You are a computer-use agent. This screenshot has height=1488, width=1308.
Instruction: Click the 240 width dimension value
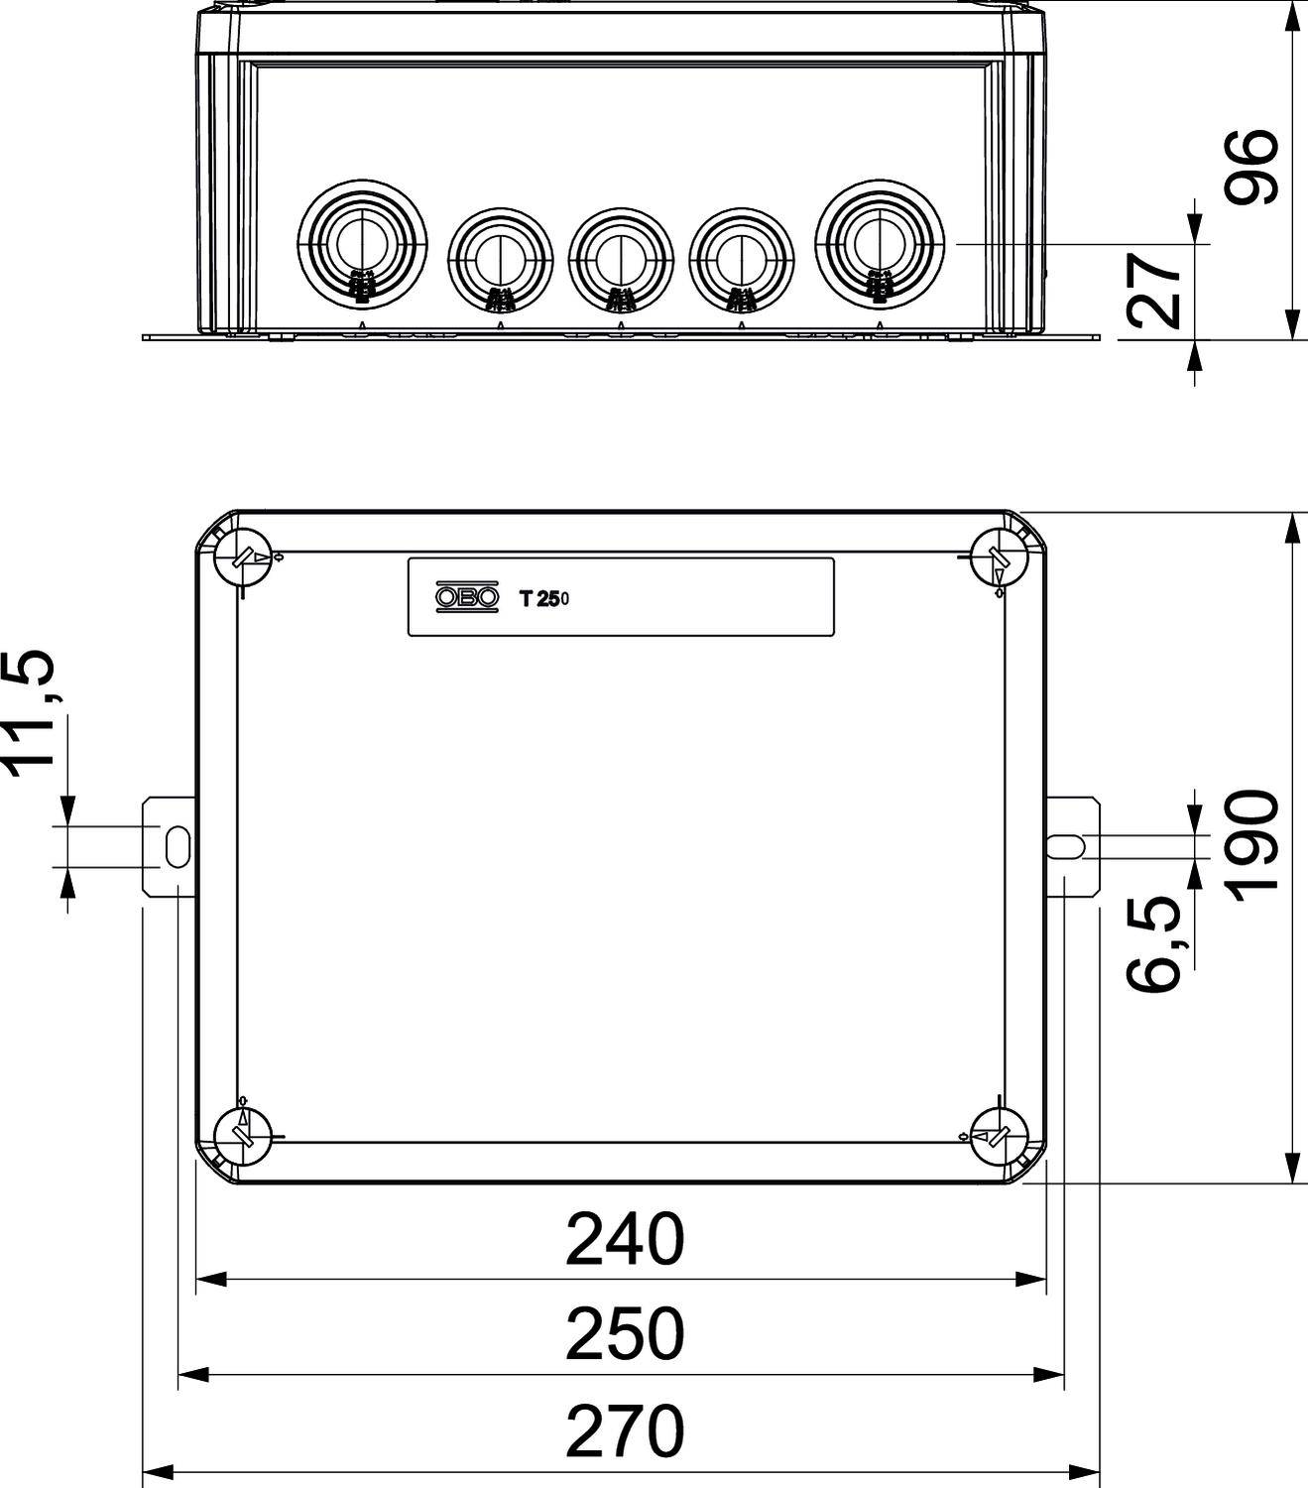click(x=624, y=1240)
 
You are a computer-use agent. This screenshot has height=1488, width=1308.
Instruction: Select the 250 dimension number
click(x=624, y=1335)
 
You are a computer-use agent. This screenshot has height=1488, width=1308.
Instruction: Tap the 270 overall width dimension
click(x=624, y=1431)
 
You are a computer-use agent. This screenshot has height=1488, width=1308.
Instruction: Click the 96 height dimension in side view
click(x=1250, y=166)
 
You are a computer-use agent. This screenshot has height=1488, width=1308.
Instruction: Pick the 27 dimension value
click(x=1156, y=289)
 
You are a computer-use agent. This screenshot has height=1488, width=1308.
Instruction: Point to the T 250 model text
click(x=543, y=598)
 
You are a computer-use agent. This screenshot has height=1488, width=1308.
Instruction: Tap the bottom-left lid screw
click(x=242, y=1135)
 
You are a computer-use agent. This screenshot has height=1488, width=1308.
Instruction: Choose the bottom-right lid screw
click(x=998, y=1135)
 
